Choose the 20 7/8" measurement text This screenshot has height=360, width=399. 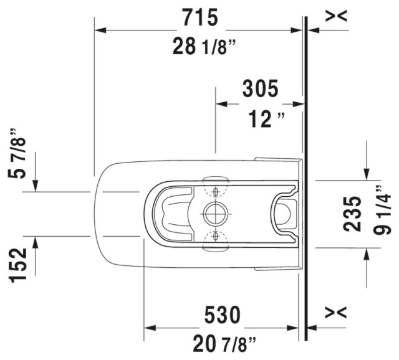216,343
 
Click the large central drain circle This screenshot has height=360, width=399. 215,214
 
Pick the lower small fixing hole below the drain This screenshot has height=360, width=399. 216,236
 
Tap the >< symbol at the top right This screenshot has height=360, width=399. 337,17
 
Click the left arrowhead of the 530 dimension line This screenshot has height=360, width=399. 150,328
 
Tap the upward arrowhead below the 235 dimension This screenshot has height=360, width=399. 367,252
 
